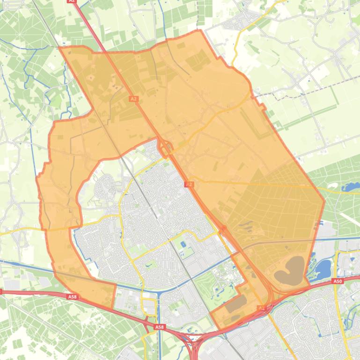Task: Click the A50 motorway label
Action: (338, 281)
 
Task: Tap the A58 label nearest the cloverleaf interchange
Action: (160, 327)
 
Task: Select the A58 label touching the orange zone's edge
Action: (72, 296)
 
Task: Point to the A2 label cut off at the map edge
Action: (72, 1)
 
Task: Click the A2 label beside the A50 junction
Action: (261, 308)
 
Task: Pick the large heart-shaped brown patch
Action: (289, 270)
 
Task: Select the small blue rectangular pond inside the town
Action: (182, 244)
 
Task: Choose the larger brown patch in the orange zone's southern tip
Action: (236, 304)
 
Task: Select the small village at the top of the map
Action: (243, 21)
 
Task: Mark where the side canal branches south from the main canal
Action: (159, 294)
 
